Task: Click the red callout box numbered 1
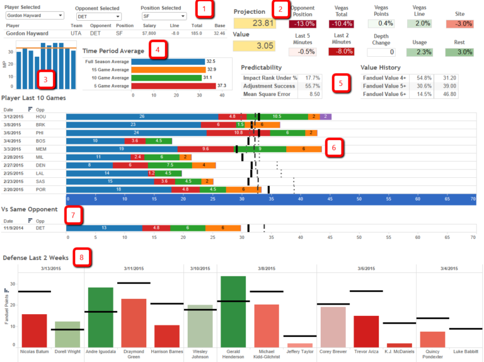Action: pos(203,9)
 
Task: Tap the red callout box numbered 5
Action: pos(341,83)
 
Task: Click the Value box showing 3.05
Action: pos(255,45)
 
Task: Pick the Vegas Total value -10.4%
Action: pos(341,24)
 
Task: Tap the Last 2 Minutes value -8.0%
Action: pos(341,52)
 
